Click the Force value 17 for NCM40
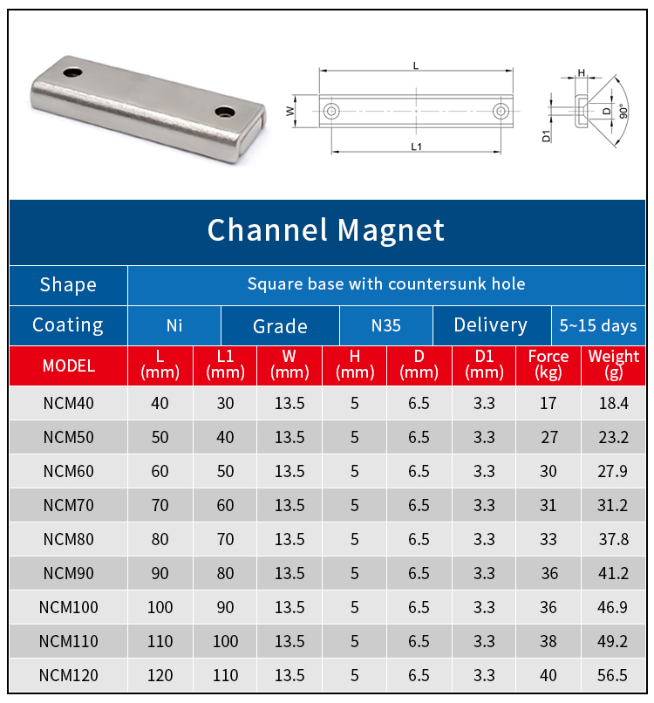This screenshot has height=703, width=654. click(x=548, y=403)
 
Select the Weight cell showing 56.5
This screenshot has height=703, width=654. click(x=612, y=675)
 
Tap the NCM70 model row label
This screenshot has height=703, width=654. click(x=69, y=505)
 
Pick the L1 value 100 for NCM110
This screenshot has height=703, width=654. click(x=225, y=641)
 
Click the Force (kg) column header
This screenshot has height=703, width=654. click(x=548, y=365)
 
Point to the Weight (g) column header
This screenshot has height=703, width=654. click(x=613, y=365)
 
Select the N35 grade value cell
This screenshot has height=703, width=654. click(x=386, y=325)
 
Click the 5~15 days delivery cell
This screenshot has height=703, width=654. click(x=598, y=325)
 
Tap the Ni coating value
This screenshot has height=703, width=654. click(x=174, y=325)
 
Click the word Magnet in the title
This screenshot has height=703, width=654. click(x=391, y=230)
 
